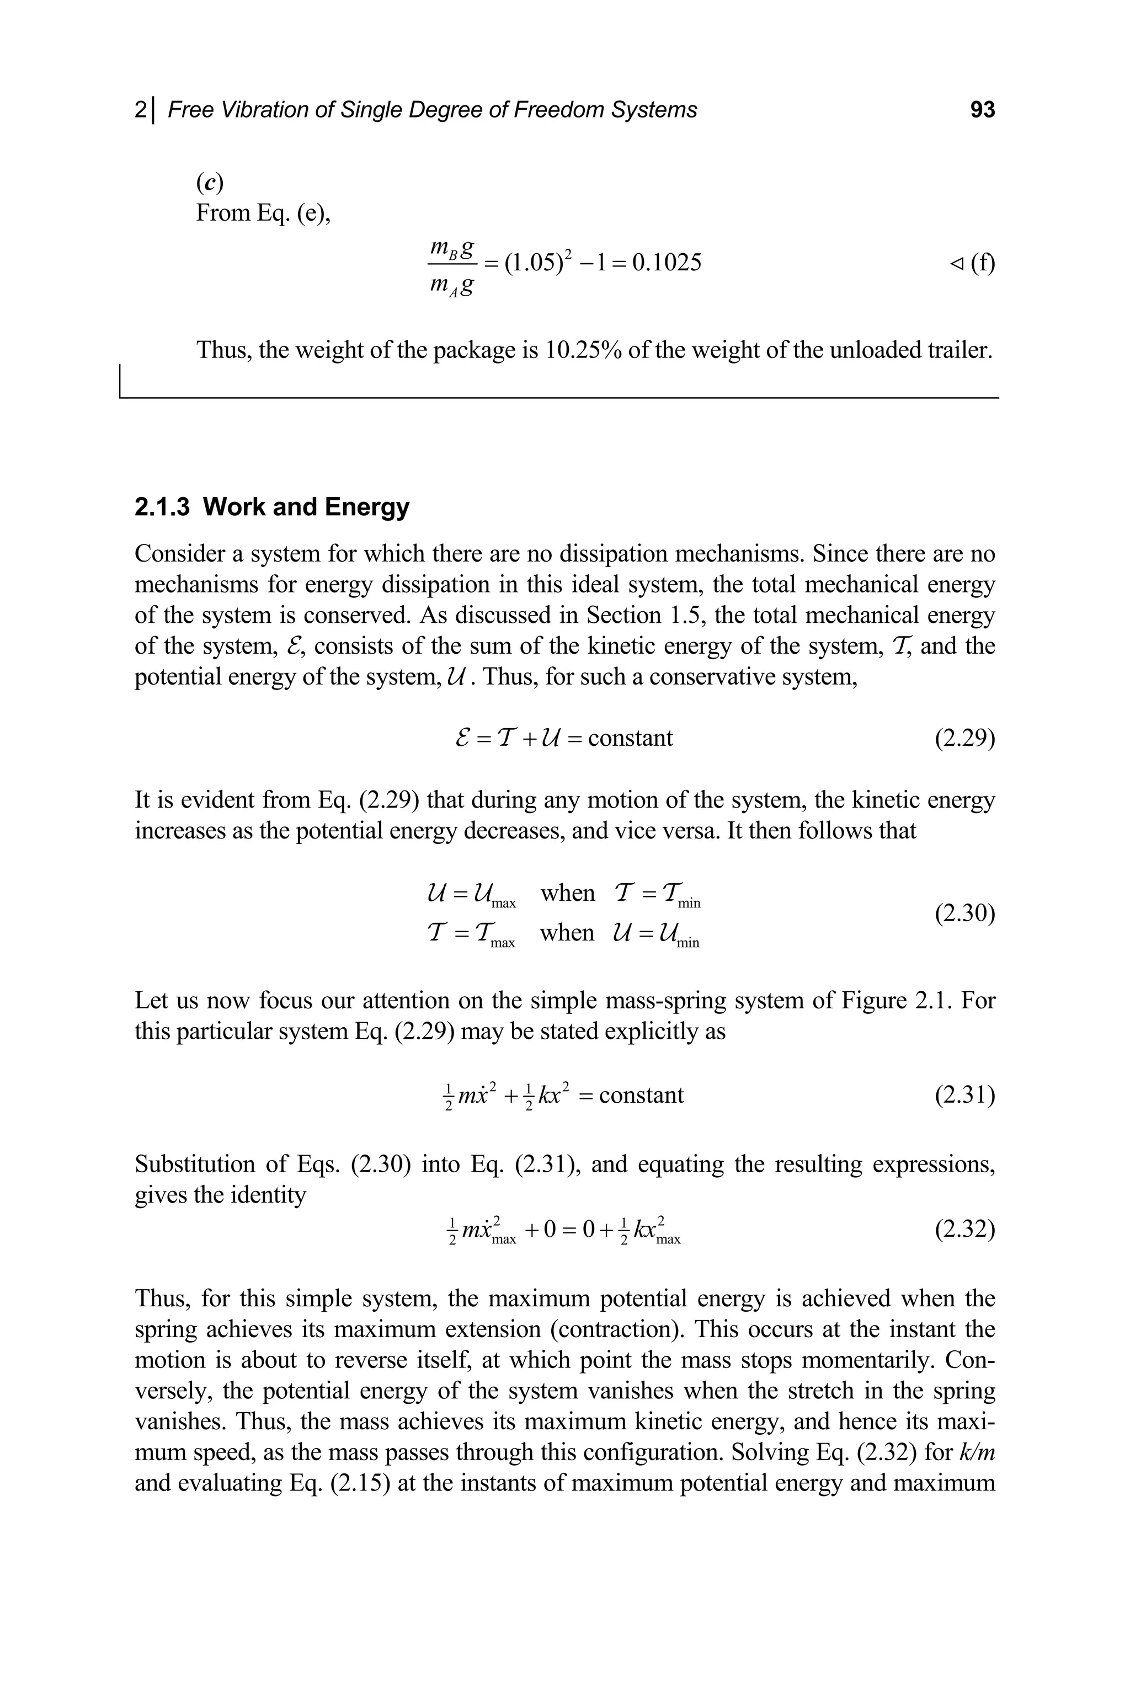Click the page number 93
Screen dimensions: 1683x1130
pos(982,110)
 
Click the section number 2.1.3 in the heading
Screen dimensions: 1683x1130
pos(162,507)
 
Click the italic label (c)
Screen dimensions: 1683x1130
pos(210,184)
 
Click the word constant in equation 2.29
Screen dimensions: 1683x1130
pos(631,739)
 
